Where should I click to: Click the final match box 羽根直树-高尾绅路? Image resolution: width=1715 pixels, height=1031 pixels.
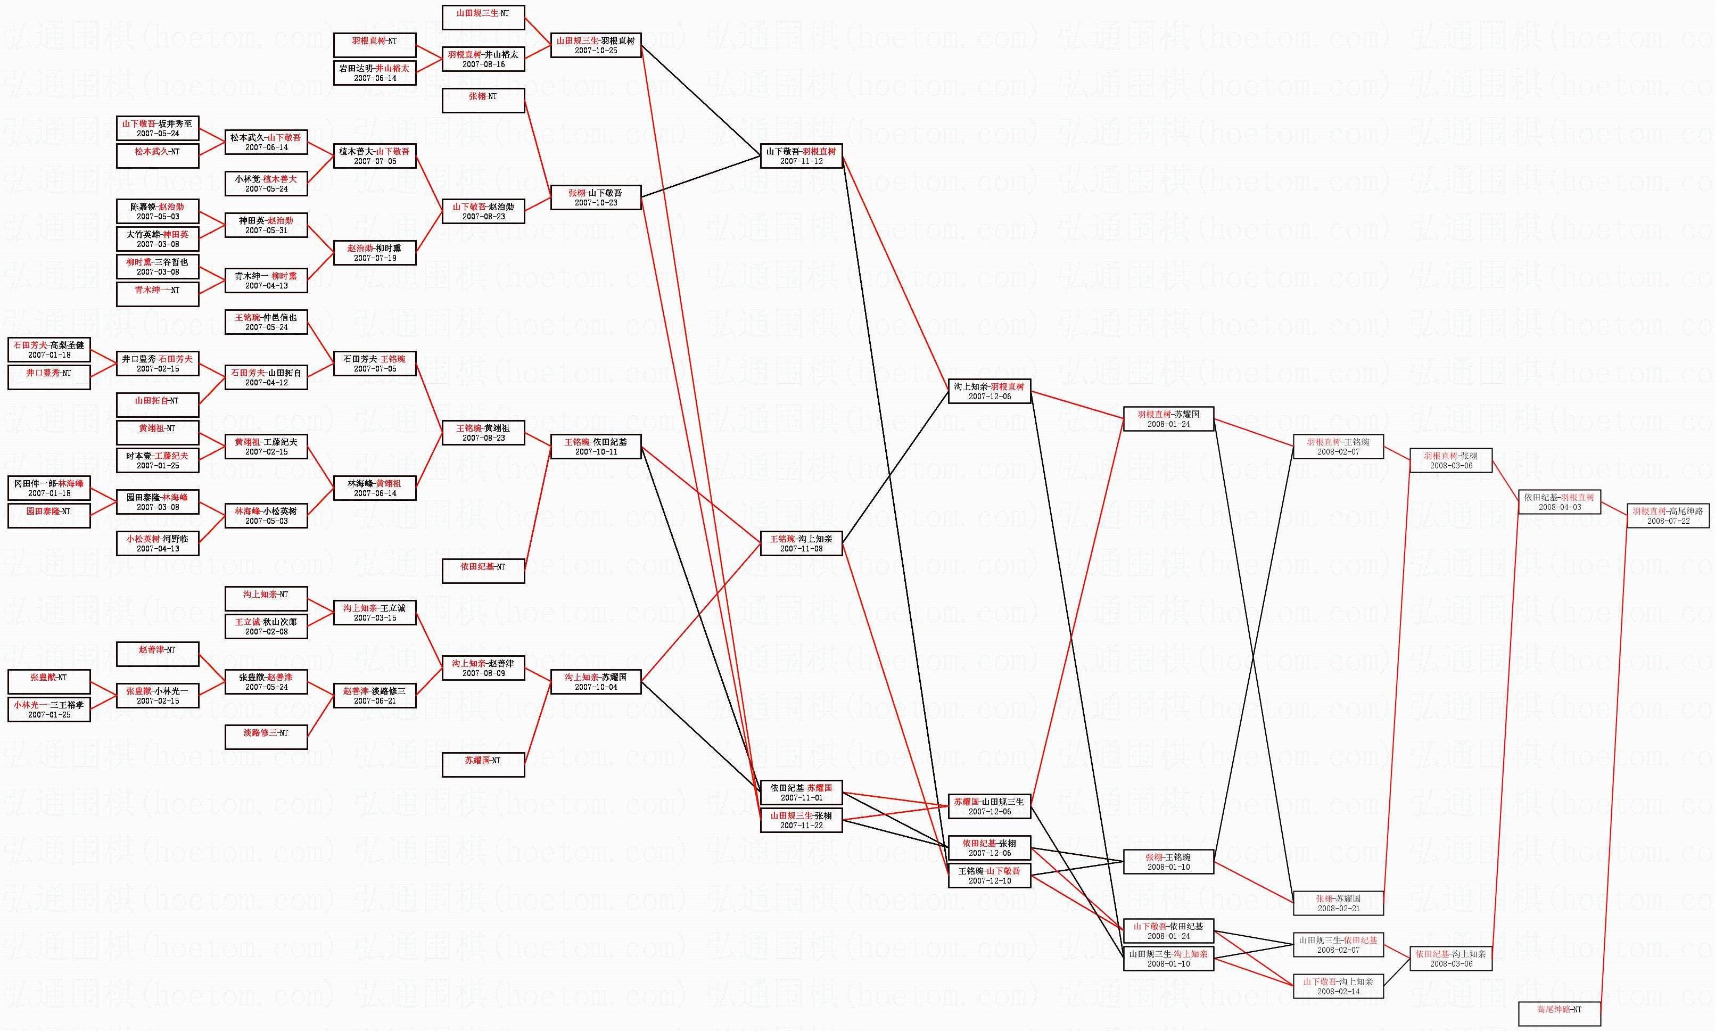point(1668,515)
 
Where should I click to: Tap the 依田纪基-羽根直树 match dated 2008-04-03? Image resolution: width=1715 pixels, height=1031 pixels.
point(1560,501)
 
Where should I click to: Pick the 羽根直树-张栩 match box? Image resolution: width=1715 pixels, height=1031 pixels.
point(1450,460)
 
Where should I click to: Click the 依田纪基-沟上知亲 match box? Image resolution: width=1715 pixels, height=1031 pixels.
point(1450,959)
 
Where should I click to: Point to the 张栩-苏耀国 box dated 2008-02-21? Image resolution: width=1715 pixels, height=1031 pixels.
point(1338,903)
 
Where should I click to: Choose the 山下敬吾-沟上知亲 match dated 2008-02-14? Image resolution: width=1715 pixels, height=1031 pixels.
point(1338,986)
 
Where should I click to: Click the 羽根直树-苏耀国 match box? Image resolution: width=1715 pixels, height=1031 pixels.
point(1168,419)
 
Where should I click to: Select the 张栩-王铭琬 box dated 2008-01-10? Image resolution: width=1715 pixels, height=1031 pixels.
point(1168,862)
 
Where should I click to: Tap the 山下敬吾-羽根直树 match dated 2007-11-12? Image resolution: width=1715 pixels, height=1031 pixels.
point(801,155)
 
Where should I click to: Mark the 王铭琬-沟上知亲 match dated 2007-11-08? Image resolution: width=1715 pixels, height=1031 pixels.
point(801,543)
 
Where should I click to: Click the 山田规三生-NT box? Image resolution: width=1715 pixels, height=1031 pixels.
point(483,18)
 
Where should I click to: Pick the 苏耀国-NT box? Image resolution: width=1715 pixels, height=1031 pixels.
point(483,765)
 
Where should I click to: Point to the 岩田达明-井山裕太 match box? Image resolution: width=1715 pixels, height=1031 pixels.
point(374,73)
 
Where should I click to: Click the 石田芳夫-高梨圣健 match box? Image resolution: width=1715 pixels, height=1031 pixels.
point(48,350)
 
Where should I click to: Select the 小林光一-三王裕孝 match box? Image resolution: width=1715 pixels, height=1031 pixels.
point(48,710)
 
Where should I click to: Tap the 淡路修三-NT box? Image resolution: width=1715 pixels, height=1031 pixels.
point(266,737)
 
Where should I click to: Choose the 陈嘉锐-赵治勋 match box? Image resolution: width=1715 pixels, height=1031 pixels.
point(157,211)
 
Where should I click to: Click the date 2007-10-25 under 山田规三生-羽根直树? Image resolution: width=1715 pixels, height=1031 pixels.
point(595,51)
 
